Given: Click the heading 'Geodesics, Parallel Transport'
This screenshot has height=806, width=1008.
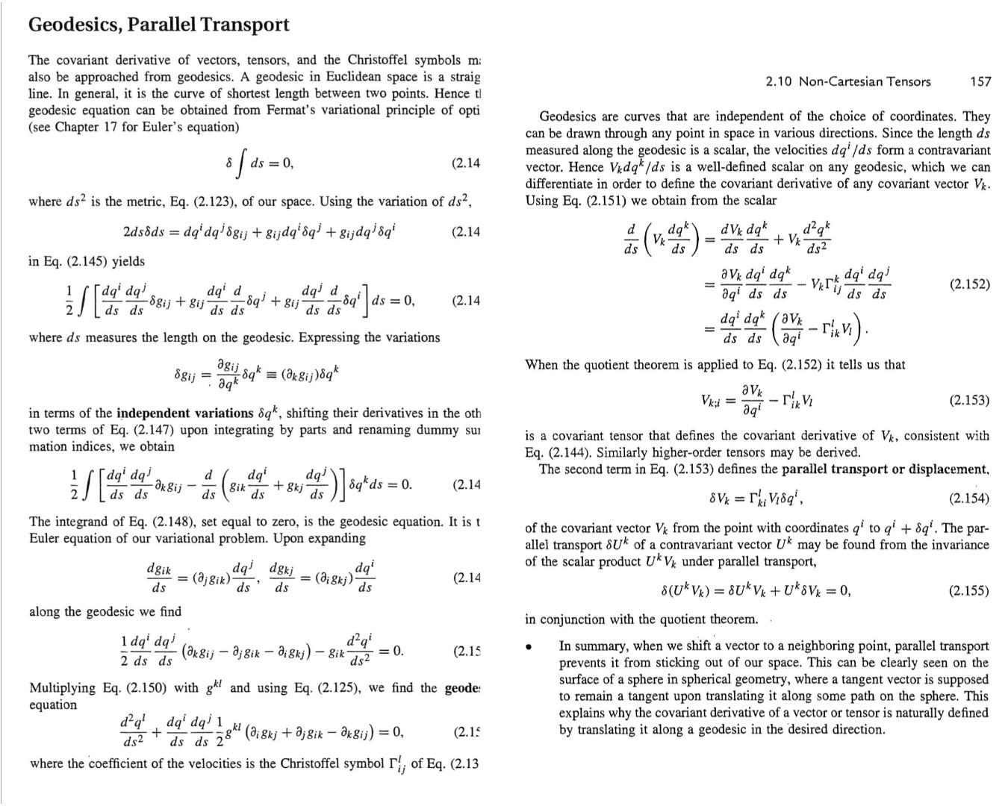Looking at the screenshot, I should [158, 25].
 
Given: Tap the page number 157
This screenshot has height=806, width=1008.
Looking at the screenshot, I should [980, 81].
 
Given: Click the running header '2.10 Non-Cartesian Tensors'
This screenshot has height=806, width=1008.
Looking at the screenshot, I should [848, 81].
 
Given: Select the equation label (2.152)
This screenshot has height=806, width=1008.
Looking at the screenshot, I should [969, 284].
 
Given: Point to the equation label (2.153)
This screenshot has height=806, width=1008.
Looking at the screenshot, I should [969, 400].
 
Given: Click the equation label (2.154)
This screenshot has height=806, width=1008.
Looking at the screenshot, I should [969, 499].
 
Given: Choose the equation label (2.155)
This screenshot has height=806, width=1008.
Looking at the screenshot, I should [969, 591].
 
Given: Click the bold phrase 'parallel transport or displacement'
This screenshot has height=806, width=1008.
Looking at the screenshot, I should [885, 469].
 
